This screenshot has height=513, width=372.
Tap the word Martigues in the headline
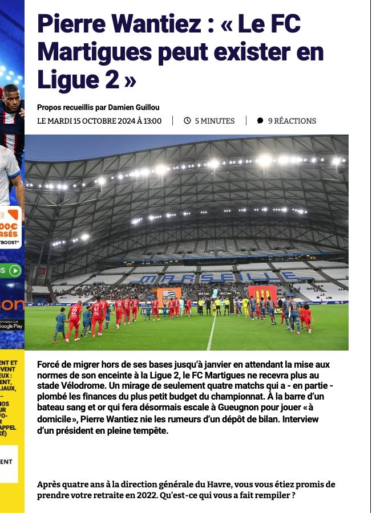pos(86,52)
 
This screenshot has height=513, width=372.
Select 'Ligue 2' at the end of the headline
pos(78,80)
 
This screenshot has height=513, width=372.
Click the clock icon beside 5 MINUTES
pos(187,121)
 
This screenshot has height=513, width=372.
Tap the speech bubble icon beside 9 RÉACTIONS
pos(260,121)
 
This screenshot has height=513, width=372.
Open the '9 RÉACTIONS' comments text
pos(292,121)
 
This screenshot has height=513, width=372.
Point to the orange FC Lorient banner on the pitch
pos(169,295)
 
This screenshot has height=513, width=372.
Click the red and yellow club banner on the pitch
pos(262,294)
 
